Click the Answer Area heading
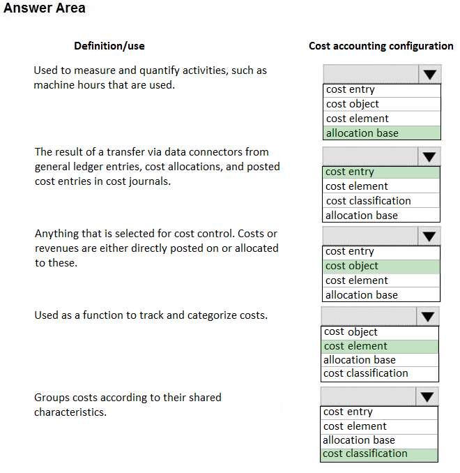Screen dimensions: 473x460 (x=45, y=8)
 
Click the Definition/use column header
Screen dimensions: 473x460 (x=109, y=46)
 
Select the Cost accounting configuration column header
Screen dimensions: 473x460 (x=381, y=46)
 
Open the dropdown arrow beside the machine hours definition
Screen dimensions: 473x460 (x=429, y=74)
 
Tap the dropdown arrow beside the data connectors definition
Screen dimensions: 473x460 (x=429, y=156)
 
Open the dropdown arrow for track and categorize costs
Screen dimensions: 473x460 (x=428, y=317)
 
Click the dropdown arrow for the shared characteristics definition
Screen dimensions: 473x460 (x=427, y=397)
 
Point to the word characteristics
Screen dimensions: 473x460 (x=70, y=412)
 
